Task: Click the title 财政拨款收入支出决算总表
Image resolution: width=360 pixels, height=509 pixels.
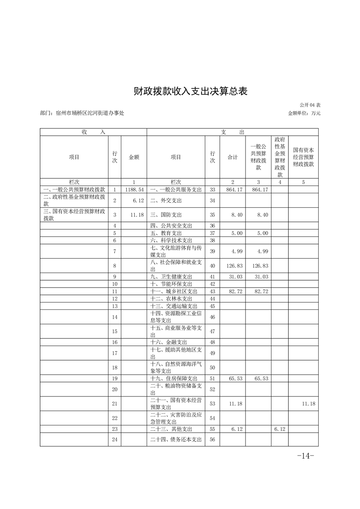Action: click(x=190, y=91)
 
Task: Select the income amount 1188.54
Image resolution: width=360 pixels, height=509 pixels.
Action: click(x=134, y=189)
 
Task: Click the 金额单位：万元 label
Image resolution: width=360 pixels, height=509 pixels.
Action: click(x=304, y=113)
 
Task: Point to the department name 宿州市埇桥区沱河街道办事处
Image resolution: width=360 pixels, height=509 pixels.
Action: click(x=89, y=113)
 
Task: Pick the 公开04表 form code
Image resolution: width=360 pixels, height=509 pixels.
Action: click(x=310, y=105)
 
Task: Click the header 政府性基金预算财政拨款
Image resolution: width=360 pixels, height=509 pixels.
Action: click(x=280, y=157)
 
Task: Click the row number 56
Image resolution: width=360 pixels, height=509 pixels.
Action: click(x=212, y=439)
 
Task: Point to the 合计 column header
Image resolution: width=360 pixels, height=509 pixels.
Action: click(x=232, y=157)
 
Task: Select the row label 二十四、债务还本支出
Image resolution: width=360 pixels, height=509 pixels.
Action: click(x=174, y=439)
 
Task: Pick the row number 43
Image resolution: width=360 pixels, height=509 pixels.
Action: click(x=212, y=291)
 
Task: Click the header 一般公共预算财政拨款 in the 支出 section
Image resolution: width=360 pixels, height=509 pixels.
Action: click(x=258, y=157)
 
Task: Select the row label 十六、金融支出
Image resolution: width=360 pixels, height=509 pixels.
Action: click(x=168, y=342)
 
